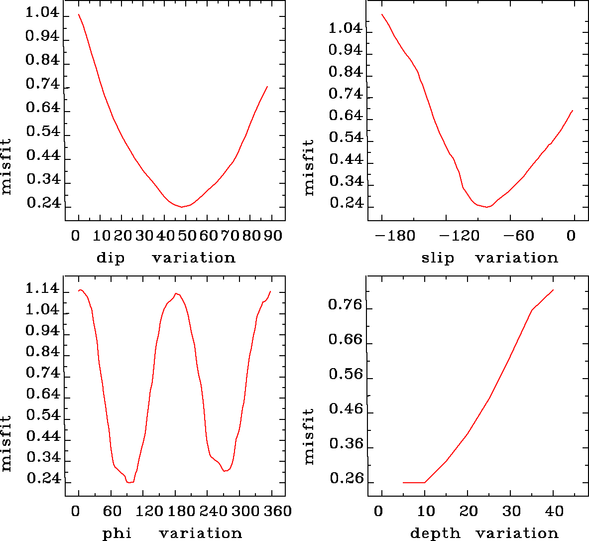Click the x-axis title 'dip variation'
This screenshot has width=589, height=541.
pyautogui.click(x=165, y=258)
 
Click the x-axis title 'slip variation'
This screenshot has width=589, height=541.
pyautogui.click(x=489, y=258)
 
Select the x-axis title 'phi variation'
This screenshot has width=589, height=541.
pyautogui.click(x=172, y=534)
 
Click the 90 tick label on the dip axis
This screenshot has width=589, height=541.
pyautogui.click(x=273, y=235)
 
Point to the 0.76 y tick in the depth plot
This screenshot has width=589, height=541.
pyautogui.click(x=345, y=305)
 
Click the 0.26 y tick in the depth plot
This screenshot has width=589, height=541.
pyautogui.click(x=345, y=479)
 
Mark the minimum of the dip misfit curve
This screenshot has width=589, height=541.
pyautogui.click(x=182, y=207)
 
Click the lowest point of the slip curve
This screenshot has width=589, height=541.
pyautogui.click(x=487, y=207)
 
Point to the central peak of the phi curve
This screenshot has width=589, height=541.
pyautogui.click(x=176, y=293)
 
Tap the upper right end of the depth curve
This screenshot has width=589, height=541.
pyautogui.click(x=553, y=290)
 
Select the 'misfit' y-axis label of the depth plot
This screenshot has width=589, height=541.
pyautogui.click(x=309, y=436)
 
